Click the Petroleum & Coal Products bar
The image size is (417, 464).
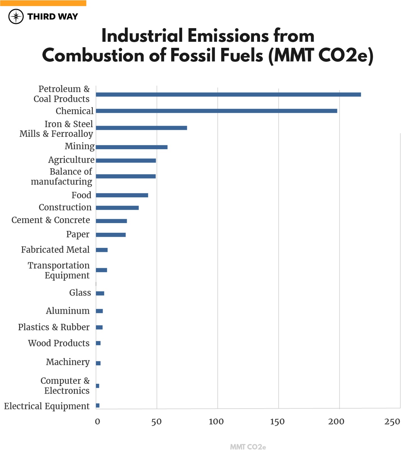(228, 95)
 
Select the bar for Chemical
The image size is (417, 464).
(216, 111)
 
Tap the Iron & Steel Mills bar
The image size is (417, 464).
(141, 128)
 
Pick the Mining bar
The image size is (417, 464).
(132, 147)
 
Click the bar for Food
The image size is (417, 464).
(122, 195)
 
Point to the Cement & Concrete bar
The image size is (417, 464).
(111, 221)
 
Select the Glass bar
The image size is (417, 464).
(100, 293)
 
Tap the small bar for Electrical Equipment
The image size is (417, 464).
(97, 405)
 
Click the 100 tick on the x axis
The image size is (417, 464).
(216, 421)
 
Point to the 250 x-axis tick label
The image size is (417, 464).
(392, 421)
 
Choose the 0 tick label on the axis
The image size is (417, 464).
(97, 421)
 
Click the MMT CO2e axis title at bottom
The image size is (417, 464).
(248, 447)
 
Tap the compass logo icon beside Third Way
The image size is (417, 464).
(16, 17)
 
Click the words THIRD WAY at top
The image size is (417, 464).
(53, 17)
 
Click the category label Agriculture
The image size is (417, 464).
(71, 160)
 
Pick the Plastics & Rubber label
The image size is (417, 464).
(54, 327)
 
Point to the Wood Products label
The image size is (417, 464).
(59, 343)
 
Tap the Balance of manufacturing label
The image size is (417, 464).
(61, 177)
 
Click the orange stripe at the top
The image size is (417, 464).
(43, 3)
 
